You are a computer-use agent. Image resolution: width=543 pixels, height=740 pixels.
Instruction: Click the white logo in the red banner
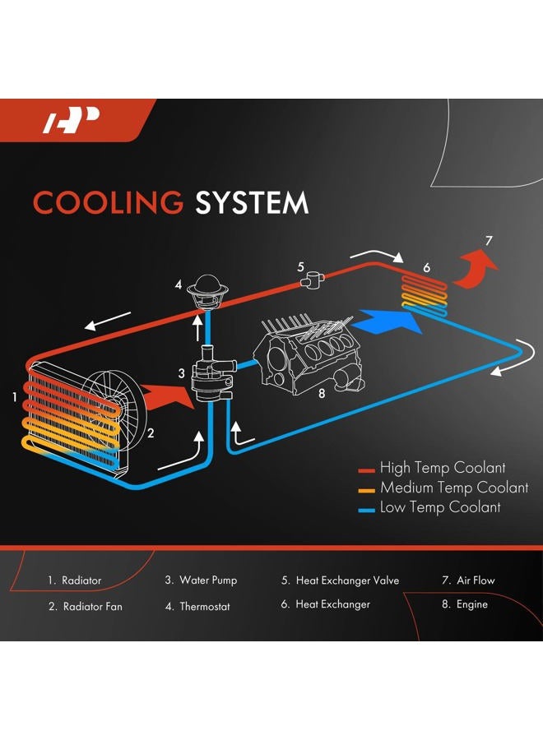coord(71,120)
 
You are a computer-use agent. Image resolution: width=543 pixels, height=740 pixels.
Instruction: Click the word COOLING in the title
coord(108,202)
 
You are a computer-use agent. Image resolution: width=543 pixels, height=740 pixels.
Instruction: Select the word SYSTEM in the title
coord(252,202)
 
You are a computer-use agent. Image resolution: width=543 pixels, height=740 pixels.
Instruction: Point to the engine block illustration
coord(308,354)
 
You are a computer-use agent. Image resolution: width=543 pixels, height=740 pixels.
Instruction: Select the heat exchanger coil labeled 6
coord(424,295)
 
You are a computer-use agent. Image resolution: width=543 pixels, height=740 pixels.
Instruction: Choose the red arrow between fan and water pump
coord(167,396)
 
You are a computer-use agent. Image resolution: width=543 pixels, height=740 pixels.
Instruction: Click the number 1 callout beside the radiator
coord(15,397)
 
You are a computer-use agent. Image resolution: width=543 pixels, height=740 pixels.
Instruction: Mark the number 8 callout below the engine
coord(322,393)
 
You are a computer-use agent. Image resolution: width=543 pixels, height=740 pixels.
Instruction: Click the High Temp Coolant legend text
coord(443,468)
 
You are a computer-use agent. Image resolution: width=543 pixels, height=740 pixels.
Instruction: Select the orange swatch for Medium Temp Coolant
coord(366,490)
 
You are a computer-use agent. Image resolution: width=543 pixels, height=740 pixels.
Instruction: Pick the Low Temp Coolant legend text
coord(440,507)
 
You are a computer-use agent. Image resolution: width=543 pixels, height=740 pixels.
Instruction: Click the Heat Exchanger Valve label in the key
coord(347,580)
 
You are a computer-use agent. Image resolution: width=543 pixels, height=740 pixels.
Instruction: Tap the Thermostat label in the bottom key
coord(205,607)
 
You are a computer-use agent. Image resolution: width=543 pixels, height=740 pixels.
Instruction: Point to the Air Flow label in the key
coord(476,580)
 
